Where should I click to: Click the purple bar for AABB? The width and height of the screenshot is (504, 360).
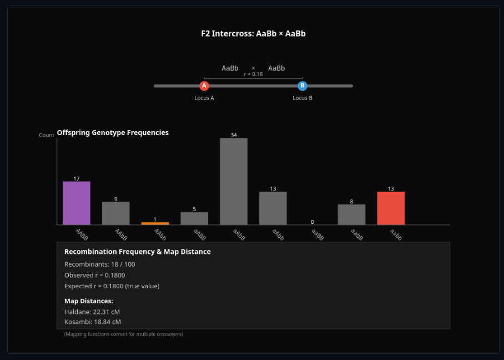pyautogui.click(x=77, y=203)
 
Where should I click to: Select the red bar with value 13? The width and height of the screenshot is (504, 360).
pyautogui.click(x=391, y=208)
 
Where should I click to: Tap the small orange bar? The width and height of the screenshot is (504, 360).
pyautogui.click(x=155, y=223)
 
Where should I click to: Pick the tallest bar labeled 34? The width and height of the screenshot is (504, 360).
pyautogui.click(x=234, y=182)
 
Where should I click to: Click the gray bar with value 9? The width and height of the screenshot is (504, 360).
pyautogui.click(x=115, y=213)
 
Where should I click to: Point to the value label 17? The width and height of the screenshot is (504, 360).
pyautogui.click(x=77, y=179)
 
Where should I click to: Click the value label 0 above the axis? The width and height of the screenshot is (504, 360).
pyautogui.click(x=312, y=222)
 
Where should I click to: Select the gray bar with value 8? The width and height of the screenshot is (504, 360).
pyautogui.click(x=351, y=214)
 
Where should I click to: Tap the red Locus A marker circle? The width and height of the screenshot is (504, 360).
pyautogui.click(x=204, y=86)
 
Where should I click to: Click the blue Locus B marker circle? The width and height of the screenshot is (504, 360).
pyautogui.click(x=303, y=86)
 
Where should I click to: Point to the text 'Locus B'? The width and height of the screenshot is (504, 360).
pyautogui.click(x=303, y=98)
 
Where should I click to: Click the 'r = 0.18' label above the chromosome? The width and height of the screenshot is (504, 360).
pyautogui.click(x=253, y=74)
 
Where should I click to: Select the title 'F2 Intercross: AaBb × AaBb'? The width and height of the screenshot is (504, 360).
pyautogui.click(x=253, y=33)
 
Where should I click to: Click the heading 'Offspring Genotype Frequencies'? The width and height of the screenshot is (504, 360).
pyautogui.click(x=113, y=132)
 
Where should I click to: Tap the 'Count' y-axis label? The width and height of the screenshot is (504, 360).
pyautogui.click(x=47, y=135)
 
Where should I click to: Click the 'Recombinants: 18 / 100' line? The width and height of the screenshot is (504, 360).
pyautogui.click(x=100, y=264)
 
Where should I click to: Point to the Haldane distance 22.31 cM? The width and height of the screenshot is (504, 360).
pyautogui.click(x=92, y=311)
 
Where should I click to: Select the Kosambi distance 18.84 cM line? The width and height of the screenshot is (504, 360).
pyautogui.click(x=93, y=322)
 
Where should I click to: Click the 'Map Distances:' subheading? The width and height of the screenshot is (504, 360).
pyautogui.click(x=89, y=301)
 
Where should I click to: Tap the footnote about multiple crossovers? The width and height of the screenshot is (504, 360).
pyautogui.click(x=123, y=334)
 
